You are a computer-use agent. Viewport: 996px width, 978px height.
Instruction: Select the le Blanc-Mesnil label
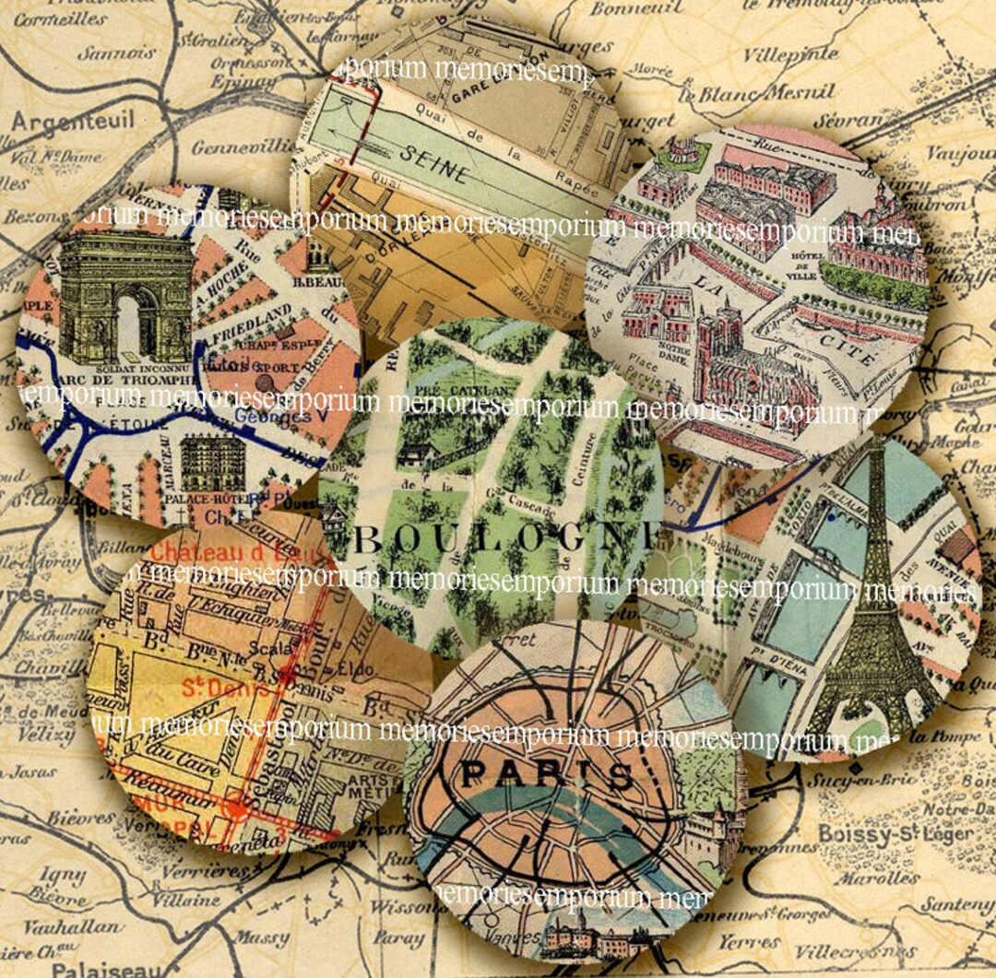click(x=756, y=93)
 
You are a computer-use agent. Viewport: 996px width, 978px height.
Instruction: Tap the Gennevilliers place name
click(x=243, y=147)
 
